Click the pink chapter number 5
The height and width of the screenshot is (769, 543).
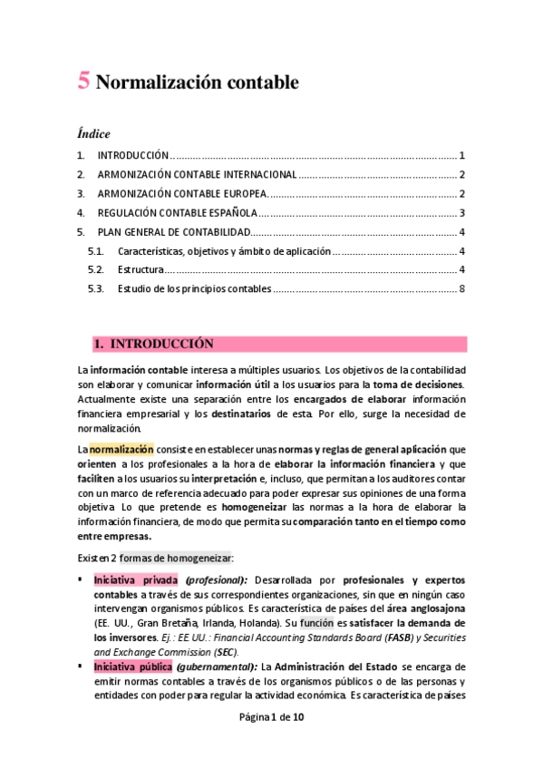pyautogui.click(x=83, y=82)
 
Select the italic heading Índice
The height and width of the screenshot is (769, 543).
pyautogui.click(x=93, y=134)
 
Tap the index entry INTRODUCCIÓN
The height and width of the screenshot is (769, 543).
pyautogui.click(x=133, y=156)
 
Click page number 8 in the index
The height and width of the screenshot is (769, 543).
pyautogui.click(x=462, y=289)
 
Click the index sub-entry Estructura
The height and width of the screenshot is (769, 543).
pyautogui.click(x=141, y=270)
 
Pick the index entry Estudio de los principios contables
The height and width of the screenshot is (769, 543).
pyautogui.click(x=194, y=289)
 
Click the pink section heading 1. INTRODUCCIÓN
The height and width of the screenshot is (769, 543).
pyautogui.click(x=154, y=345)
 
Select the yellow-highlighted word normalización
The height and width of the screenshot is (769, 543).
pyautogui.click(x=121, y=449)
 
